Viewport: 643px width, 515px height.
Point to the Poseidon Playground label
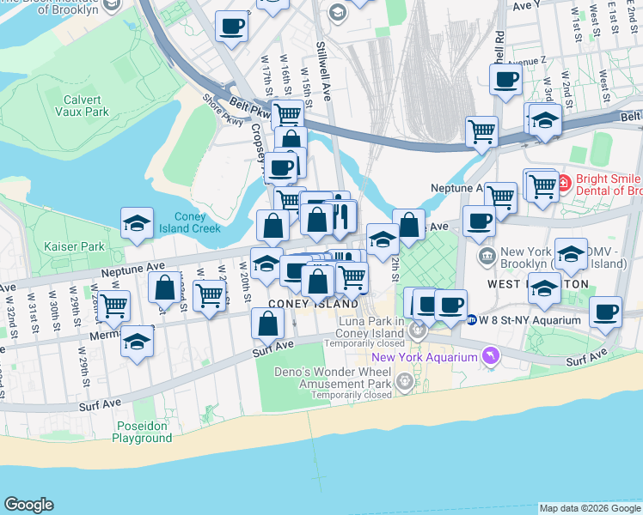142,432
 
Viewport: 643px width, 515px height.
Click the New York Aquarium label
424,357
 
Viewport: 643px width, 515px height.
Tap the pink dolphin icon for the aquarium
490,355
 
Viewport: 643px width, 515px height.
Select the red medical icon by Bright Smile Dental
564,183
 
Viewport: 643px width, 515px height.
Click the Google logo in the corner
28,505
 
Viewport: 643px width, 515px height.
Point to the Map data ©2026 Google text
591,508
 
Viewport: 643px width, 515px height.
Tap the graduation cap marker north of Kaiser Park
137,224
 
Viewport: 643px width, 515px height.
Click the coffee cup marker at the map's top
231,27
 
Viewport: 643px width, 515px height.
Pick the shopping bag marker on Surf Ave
268,324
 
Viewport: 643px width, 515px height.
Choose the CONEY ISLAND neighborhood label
313,305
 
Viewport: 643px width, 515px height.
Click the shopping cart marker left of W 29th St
113,305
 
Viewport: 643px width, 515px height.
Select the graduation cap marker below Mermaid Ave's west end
137,342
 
